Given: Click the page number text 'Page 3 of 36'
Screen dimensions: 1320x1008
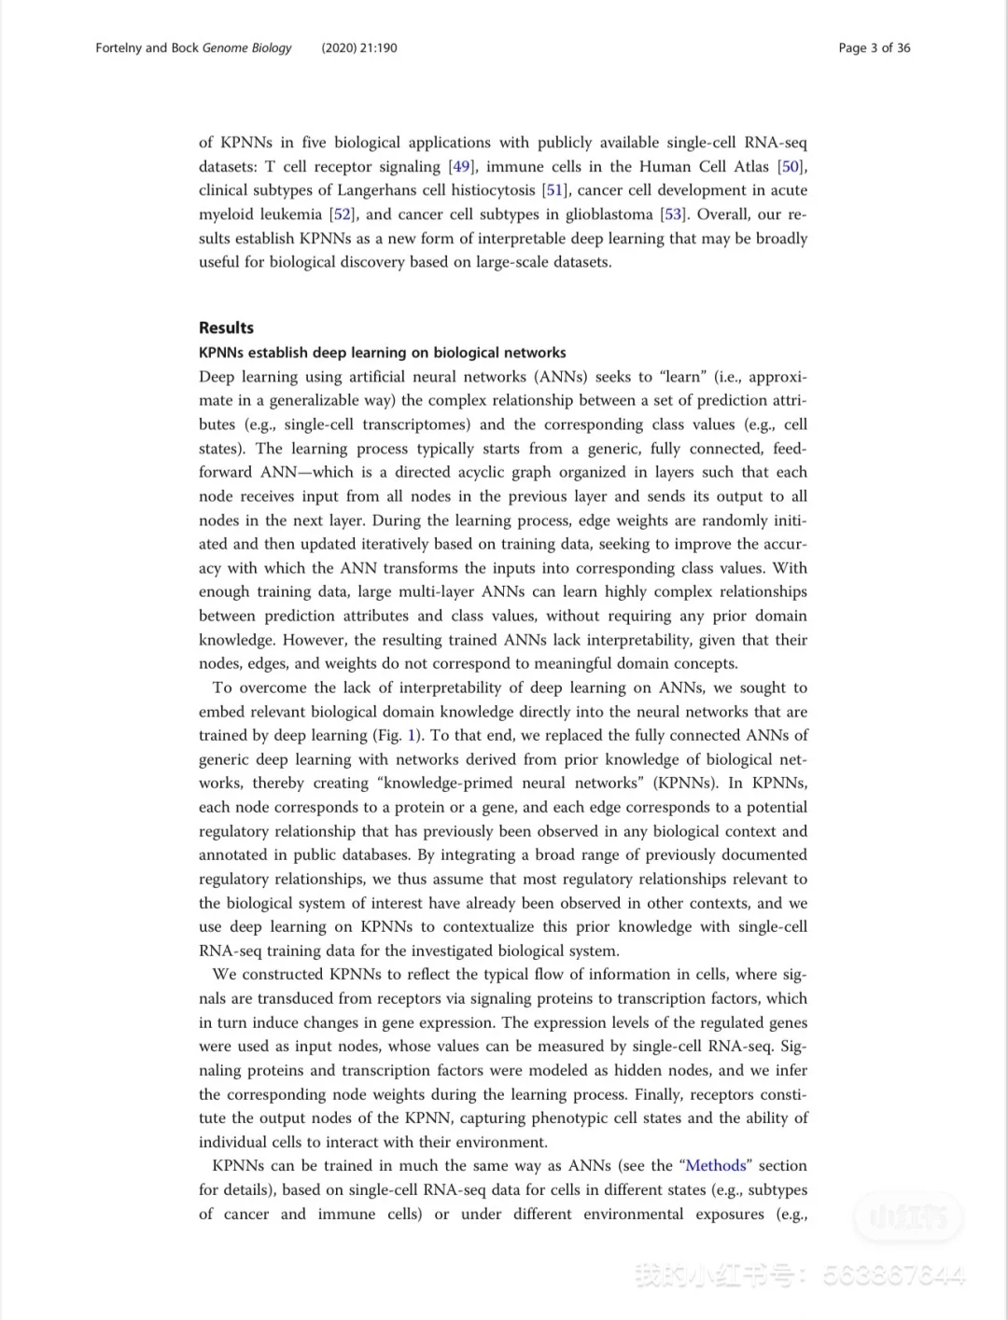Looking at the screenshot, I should coord(874,48).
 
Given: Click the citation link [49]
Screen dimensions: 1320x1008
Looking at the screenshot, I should coord(461,167).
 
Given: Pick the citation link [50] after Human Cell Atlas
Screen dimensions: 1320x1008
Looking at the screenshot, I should coord(791,167).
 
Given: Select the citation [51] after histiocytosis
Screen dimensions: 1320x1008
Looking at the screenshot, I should coord(554,190).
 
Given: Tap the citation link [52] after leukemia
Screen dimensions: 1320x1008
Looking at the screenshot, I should coord(342,215).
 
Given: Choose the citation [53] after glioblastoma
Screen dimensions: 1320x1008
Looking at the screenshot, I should coord(673,215).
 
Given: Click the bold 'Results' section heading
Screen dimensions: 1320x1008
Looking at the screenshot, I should coord(226,327).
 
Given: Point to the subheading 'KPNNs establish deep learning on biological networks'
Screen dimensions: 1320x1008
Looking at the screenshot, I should coord(382,353).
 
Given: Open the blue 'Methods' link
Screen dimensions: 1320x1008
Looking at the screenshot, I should coord(716,1166).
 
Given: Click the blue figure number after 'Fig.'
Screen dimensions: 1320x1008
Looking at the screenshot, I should coord(413,735).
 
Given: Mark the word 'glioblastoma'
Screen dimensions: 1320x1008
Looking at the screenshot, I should coord(609,215).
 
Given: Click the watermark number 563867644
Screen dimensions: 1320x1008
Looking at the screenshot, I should coord(893,1275).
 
